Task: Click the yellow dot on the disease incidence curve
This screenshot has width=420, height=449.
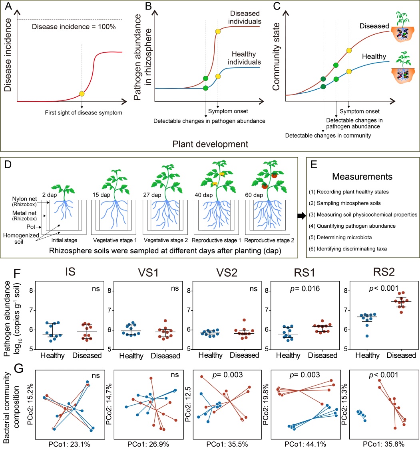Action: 82,94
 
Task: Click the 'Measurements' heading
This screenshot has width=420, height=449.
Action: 359,176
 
